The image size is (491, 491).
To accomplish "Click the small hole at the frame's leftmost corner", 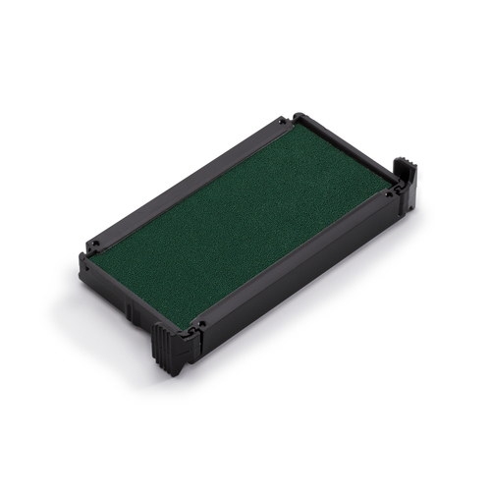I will click(94, 240).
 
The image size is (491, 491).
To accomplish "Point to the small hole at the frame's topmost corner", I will click(282, 121).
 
